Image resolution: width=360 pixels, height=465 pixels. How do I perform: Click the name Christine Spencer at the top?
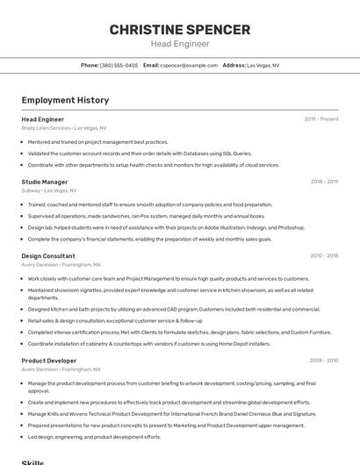[x=179, y=30]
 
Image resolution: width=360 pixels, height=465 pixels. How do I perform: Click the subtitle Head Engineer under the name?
[x=179, y=44]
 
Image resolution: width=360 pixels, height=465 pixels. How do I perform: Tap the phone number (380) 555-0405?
[x=119, y=65]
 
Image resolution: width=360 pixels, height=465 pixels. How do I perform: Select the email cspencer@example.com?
[x=189, y=65]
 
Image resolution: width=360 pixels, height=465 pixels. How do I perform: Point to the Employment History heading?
[x=65, y=100]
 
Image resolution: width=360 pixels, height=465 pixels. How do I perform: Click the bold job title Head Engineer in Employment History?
[x=43, y=118]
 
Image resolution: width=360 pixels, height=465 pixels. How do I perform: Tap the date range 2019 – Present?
[x=321, y=118]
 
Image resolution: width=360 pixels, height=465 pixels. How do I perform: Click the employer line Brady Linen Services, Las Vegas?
[x=64, y=127]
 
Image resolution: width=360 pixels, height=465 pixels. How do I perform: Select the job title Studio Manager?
[x=45, y=182]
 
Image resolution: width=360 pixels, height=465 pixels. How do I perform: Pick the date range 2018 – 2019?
[x=324, y=182]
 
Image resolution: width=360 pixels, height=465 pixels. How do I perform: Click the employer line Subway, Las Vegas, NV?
[x=49, y=190]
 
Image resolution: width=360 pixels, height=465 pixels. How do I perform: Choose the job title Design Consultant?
[x=48, y=256]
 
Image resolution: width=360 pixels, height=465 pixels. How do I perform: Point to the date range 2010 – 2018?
[x=324, y=256]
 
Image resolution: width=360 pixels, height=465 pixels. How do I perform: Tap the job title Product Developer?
[x=49, y=361]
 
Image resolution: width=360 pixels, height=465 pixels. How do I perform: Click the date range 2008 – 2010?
[x=324, y=361]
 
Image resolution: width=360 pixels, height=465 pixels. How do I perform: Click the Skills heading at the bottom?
[x=32, y=461]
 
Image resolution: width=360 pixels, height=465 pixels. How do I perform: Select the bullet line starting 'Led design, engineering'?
[x=94, y=436]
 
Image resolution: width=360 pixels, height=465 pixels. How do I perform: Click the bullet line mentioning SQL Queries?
[x=139, y=153]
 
